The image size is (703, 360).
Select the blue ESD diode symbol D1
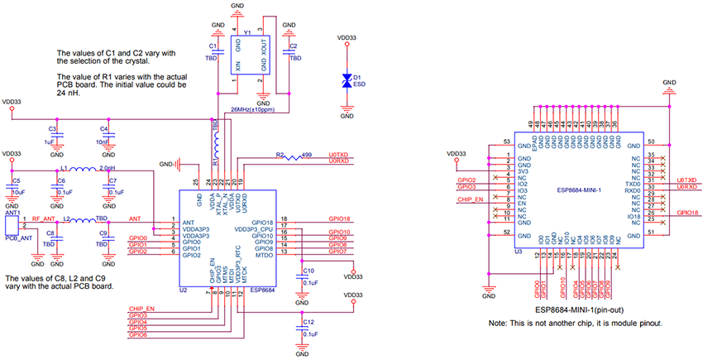coord(347,80)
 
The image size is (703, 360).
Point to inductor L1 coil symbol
coord(79,171)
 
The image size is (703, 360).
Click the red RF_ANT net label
coord(44,218)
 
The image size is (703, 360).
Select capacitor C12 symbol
coord(300,329)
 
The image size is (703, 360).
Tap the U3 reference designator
coord(516,250)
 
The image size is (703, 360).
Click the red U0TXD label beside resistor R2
coord(340,155)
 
